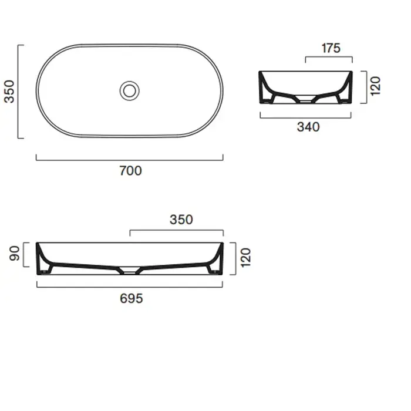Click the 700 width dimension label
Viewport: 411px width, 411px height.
pyautogui.click(x=130, y=171)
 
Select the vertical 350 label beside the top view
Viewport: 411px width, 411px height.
pyautogui.click(x=10, y=92)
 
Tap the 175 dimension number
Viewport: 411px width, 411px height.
pyautogui.click(x=331, y=48)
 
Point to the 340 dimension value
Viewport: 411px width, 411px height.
pyautogui.click(x=308, y=127)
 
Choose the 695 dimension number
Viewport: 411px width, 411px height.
pyautogui.click(x=132, y=298)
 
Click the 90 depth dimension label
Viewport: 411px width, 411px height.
pyautogui.click(x=15, y=254)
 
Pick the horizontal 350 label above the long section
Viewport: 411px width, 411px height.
pyautogui.click(x=181, y=220)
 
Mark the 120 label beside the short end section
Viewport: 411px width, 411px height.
pyautogui.click(x=375, y=86)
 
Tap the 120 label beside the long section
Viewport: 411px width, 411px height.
pyautogui.click(x=245, y=258)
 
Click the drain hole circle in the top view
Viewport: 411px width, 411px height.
pyautogui.click(x=130, y=90)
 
